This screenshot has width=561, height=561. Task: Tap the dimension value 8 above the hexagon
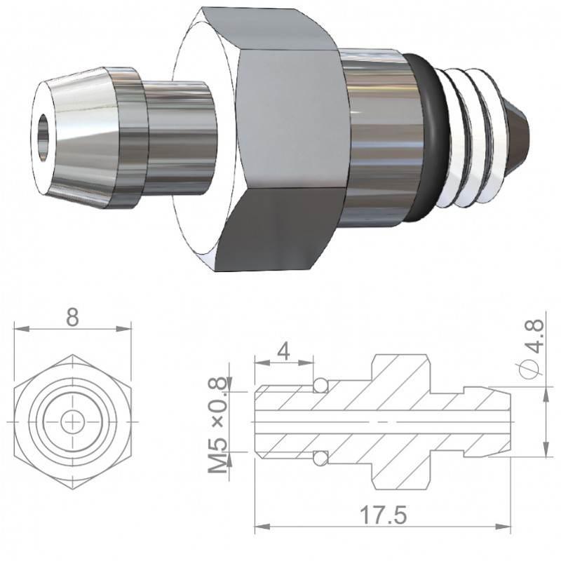[x=73, y=317]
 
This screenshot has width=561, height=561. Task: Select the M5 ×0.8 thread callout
[x=218, y=425]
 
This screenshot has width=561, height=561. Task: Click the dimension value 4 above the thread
[x=283, y=352]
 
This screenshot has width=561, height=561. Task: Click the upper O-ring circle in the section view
[x=320, y=386]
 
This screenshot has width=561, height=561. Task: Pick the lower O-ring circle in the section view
[x=320, y=458]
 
